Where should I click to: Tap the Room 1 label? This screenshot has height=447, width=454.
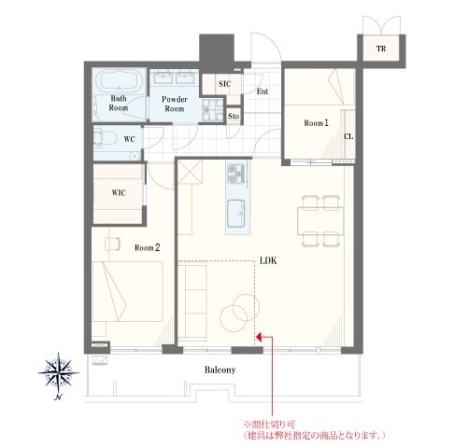click(315, 122)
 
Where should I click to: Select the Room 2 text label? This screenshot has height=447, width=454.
click(148, 247)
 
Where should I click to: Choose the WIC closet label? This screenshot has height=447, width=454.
click(118, 192)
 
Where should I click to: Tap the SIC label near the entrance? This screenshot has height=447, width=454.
click(224, 84)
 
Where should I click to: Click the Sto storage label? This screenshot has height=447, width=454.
click(232, 115)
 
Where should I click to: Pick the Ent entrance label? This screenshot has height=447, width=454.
click(262, 91)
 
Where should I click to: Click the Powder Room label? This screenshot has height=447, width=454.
click(175, 104)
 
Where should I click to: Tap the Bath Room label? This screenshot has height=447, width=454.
click(121, 103)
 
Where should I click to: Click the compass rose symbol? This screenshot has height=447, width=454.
click(60, 374)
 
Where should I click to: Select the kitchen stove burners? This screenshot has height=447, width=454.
click(234, 174)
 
